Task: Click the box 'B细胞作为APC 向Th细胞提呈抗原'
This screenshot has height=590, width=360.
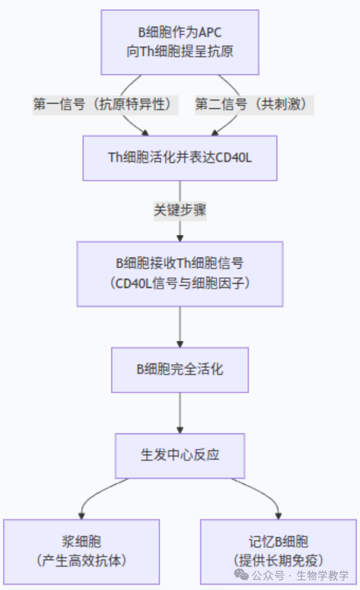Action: point(180,42)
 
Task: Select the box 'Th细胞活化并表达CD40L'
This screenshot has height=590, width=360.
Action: point(180,158)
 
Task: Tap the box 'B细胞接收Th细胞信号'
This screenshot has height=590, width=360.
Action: point(180,274)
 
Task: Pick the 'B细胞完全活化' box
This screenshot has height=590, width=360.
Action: point(180,370)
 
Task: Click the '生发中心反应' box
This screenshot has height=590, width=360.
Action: point(180,456)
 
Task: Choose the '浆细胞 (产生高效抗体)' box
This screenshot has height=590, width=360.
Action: point(82,552)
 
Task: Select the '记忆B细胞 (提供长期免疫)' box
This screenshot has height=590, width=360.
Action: point(278,552)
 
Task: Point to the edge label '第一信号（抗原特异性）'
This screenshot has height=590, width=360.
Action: point(105,104)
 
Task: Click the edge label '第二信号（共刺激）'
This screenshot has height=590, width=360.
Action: point(254,104)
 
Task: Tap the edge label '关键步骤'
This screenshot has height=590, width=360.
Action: point(180,210)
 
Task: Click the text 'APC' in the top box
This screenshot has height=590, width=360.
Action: point(210,32)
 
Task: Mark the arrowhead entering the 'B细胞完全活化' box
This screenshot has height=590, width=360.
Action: point(180,344)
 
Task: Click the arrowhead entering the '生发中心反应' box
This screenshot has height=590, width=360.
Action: point(180,430)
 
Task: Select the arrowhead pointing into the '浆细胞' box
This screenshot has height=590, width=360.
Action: point(82,517)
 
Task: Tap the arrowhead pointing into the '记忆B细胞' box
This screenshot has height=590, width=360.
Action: point(278,517)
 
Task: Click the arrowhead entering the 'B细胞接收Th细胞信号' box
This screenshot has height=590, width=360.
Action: point(180,239)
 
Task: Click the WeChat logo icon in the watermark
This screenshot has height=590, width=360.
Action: point(241,574)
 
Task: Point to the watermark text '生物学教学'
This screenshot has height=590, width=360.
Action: point(323,575)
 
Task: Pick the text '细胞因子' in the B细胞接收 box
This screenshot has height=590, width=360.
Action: point(217,283)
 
